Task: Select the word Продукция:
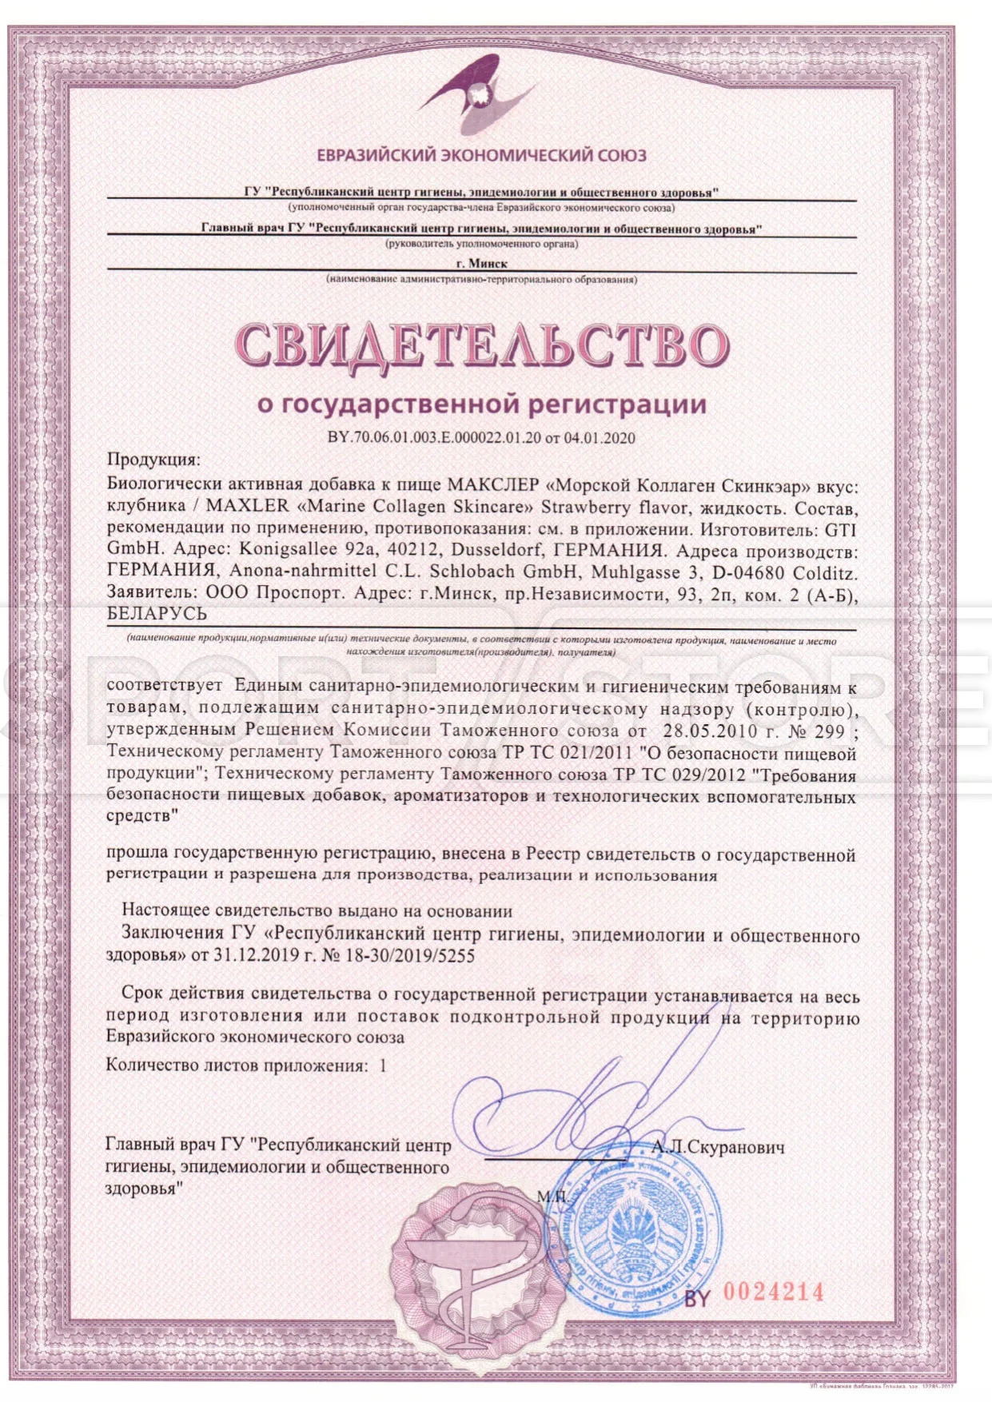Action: point(153,460)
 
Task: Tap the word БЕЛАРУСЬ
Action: point(157,614)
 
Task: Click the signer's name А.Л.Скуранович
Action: point(718,1148)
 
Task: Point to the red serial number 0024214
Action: point(773,1292)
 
